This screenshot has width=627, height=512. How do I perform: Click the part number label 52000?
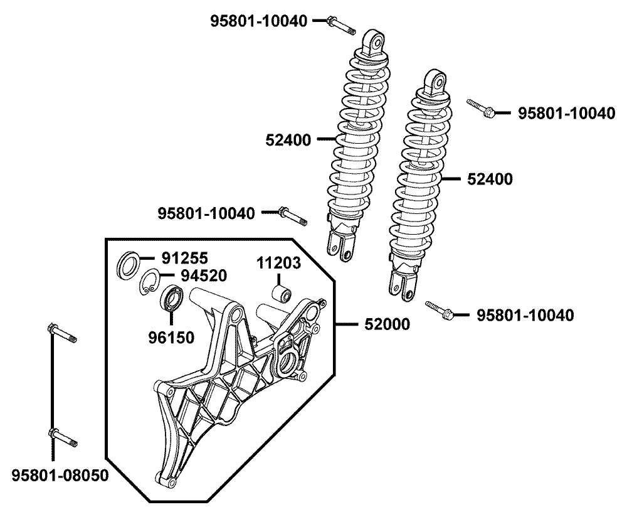coord(387,324)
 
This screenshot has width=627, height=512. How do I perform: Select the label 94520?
coord(204,275)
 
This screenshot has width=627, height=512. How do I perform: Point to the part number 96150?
coord(171,337)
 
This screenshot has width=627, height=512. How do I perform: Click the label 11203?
coord(278,262)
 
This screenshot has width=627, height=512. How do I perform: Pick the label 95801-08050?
coord(60,475)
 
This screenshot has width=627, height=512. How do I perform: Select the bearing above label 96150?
coord(172,297)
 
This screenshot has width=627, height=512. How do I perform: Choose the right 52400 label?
coord(490,179)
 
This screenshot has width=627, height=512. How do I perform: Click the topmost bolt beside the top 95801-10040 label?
coord(341,26)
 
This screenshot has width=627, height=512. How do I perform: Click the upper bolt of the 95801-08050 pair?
coord(61,333)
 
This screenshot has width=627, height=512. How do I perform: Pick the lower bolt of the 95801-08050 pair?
coord(61,437)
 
